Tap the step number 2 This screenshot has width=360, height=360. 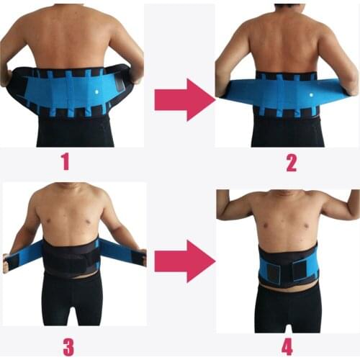291,162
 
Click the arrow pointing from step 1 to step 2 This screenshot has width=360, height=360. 184,99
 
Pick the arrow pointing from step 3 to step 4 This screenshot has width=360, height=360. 184,261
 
